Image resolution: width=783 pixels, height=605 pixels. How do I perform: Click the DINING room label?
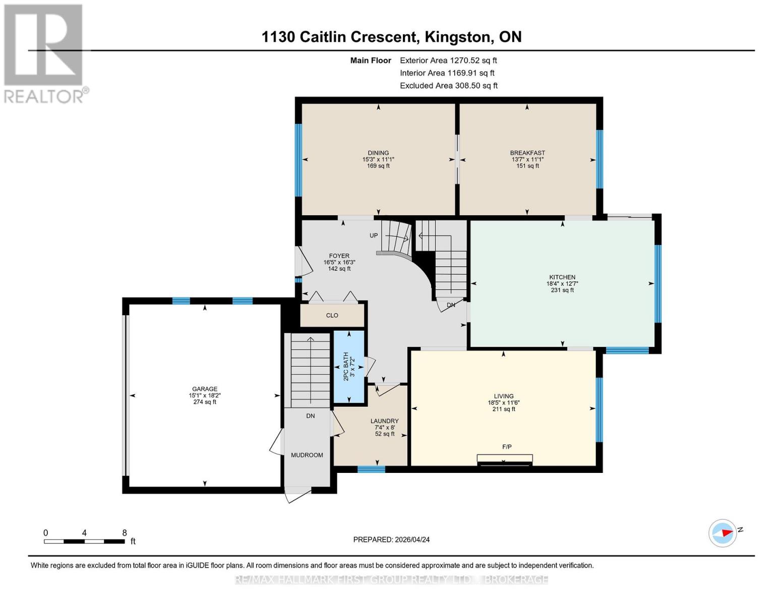click(378, 153)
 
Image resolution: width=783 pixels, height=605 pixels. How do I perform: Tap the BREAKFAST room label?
click(527, 153)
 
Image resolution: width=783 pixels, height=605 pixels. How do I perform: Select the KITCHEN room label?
click(562, 277)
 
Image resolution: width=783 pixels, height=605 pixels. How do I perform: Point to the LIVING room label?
click(504, 396)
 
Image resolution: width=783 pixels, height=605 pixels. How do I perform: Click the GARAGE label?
click(205, 389)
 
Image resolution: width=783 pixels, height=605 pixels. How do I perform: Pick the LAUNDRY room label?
click(385, 421)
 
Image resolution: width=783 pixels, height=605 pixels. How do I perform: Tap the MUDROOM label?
click(307, 455)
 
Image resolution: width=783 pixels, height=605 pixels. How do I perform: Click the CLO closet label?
click(332, 315)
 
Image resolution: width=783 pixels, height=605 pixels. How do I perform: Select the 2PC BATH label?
click(346, 367)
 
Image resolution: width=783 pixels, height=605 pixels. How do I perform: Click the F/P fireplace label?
click(507, 447)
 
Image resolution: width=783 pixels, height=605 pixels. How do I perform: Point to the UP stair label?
click(374, 235)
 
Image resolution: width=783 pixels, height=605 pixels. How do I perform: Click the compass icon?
click(722, 533)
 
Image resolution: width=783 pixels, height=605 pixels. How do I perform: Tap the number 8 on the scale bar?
click(125, 532)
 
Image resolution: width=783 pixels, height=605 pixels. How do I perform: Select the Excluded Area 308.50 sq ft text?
click(449, 86)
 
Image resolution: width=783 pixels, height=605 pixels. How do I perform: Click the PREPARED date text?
click(391, 539)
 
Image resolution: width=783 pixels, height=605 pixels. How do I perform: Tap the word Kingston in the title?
click(458, 37)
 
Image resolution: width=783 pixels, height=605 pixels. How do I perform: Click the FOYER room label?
click(339, 256)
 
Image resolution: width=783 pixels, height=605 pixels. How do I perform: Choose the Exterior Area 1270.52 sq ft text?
click(448, 60)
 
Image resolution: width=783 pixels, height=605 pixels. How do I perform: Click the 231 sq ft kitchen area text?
click(562, 290)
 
